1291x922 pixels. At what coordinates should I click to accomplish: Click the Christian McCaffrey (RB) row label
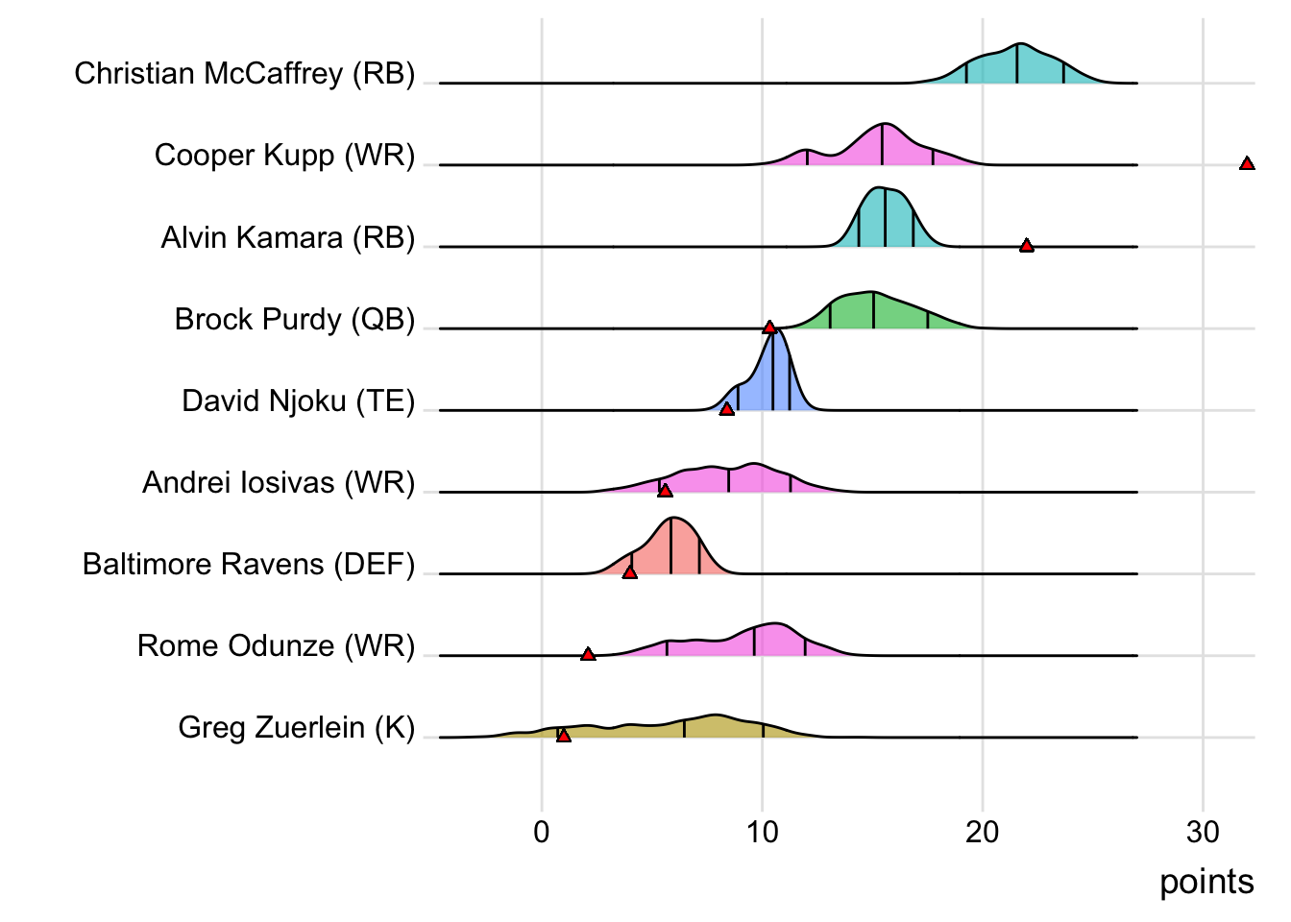click(244, 74)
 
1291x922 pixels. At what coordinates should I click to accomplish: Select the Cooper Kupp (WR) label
click(284, 156)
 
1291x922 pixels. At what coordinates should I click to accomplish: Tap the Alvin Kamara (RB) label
click(287, 237)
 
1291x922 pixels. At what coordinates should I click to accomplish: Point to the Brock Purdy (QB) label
click(294, 319)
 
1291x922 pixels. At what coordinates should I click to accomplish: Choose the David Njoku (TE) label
click(298, 400)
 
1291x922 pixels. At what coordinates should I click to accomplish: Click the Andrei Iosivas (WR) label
click(279, 482)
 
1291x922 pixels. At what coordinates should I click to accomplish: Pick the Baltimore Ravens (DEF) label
click(248, 564)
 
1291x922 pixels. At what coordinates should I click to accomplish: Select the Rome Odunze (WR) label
click(276, 645)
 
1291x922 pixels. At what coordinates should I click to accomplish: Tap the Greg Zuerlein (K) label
click(296, 727)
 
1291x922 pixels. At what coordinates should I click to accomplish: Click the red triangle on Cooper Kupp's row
click(1247, 164)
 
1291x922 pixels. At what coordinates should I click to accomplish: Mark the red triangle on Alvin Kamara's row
click(1026, 246)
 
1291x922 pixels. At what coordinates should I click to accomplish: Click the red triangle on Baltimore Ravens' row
click(629, 572)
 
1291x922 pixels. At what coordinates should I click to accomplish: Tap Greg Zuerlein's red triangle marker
click(564, 736)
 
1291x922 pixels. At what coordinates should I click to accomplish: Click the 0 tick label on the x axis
click(542, 832)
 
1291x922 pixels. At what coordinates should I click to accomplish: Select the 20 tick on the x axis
click(983, 832)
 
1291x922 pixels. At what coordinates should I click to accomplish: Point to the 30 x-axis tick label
click(1203, 832)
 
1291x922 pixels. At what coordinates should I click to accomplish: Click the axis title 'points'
click(1206, 882)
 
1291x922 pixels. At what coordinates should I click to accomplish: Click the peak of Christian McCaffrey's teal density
click(1019, 44)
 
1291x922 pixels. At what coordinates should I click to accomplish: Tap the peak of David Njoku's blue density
click(776, 330)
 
